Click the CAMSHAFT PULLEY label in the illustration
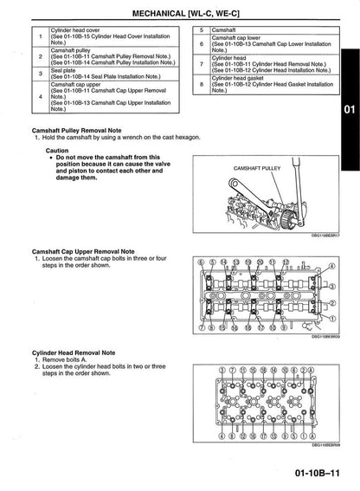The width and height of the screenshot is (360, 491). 256,167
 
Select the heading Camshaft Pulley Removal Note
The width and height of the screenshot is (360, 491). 80,131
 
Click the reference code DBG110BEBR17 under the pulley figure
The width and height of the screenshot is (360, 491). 325,235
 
